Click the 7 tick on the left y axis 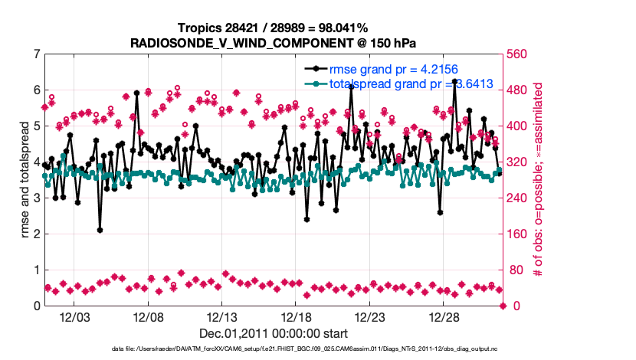point(36,54)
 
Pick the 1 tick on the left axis point(36,270)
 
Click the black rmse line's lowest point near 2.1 point(100,230)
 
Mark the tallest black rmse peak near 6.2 point(455,81)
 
